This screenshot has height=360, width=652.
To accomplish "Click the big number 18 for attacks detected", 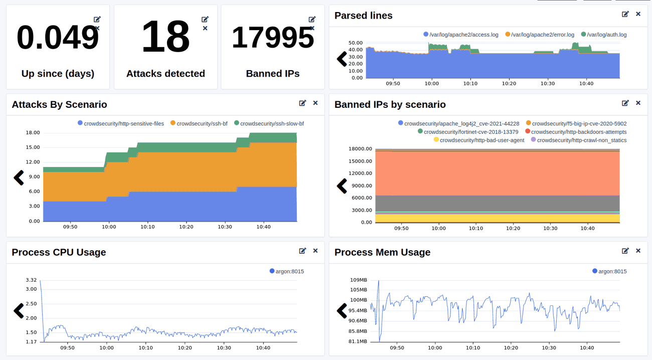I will (165, 37).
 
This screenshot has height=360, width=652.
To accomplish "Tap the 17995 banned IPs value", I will (272, 37).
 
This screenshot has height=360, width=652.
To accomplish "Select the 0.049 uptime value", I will (58, 37).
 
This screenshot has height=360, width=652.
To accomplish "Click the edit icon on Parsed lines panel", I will (625, 15).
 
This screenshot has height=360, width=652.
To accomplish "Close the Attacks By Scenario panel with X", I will (315, 103).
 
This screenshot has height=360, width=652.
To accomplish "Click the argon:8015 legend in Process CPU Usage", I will (286, 271).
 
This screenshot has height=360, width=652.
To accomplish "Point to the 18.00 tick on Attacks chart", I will (33, 133).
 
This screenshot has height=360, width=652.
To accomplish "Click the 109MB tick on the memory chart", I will (358, 280).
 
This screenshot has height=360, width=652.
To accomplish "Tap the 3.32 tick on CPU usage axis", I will (31, 280).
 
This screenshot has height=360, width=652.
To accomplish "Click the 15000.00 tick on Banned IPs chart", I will (360, 161).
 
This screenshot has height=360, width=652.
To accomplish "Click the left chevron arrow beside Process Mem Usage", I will (342, 311).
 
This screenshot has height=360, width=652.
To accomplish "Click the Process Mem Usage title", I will (382, 252).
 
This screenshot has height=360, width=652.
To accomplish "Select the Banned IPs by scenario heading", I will (390, 104).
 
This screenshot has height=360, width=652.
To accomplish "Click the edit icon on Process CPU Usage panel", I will (302, 251).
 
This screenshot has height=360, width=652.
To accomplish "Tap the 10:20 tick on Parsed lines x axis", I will (509, 84).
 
